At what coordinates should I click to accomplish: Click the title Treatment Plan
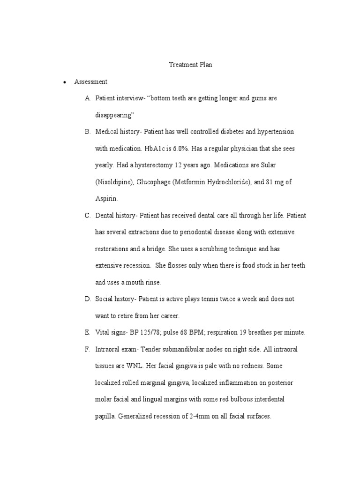(190, 65)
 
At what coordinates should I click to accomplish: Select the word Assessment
(90, 82)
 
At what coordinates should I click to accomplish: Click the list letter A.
(88, 98)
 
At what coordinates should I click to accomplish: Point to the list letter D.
(88, 299)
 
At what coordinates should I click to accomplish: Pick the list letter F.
(88, 349)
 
